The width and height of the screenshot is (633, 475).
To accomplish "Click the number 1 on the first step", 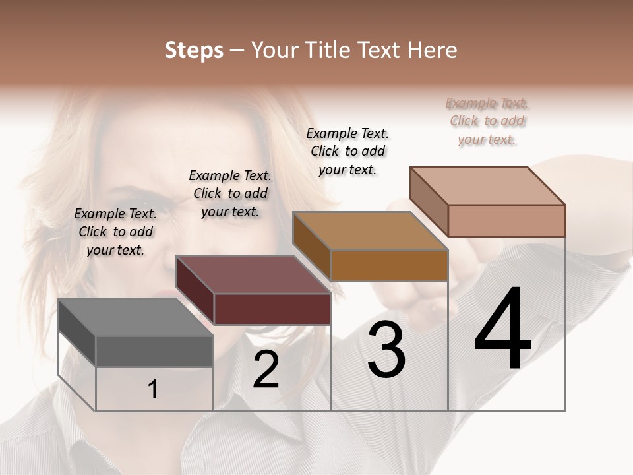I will pyautogui.click(x=153, y=389).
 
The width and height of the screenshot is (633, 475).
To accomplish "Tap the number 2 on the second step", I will pyautogui.click(x=266, y=369).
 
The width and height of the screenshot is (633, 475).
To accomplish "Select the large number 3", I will pyautogui.click(x=386, y=350).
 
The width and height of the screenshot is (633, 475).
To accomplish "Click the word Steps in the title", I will pyautogui.click(x=194, y=50).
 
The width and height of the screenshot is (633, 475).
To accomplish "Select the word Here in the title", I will pyautogui.click(x=432, y=50).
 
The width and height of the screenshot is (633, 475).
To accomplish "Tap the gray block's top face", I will pyautogui.click(x=136, y=317).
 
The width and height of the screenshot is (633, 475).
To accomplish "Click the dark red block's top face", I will pyautogui.click(x=253, y=274).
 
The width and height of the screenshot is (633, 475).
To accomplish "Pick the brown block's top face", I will pyautogui.click(x=371, y=231).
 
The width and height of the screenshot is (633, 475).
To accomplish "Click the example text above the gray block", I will pyautogui.click(x=115, y=232).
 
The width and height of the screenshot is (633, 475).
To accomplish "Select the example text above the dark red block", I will pyautogui.click(x=230, y=193).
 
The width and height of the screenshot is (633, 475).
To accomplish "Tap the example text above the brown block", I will pyautogui.click(x=347, y=151).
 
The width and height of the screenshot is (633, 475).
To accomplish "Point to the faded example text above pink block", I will pyautogui.click(x=487, y=121).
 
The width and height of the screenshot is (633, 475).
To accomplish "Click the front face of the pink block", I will pyautogui.click(x=506, y=220).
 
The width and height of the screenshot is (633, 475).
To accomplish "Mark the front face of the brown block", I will pyautogui.click(x=389, y=265).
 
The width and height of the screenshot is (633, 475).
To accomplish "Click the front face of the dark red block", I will pyautogui.click(x=272, y=309).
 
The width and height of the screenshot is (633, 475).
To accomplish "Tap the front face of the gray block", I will pyautogui.click(x=154, y=351).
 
